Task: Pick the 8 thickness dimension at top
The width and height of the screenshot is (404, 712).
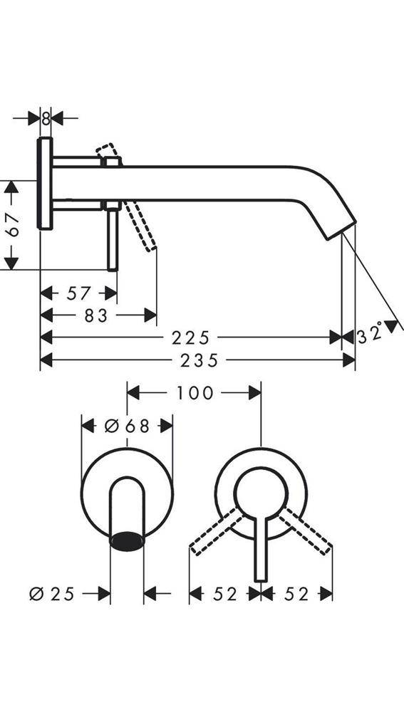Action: [x=46, y=119]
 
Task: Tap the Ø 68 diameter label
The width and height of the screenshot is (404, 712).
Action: [x=127, y=426]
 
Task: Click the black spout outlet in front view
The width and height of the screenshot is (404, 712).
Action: [x=127, y=540]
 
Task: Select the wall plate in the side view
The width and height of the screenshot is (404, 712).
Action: [x=45, y=184]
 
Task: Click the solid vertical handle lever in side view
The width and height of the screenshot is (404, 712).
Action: [x=112, y=239]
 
